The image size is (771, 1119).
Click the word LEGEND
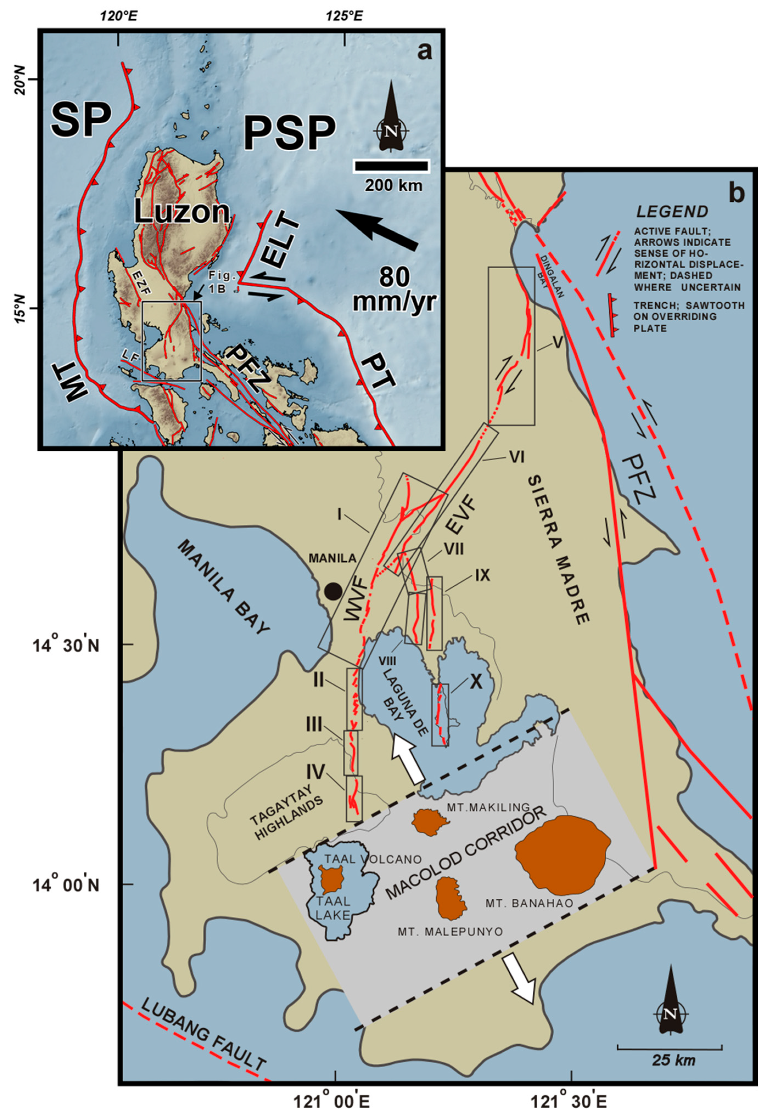tap(672, 212)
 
